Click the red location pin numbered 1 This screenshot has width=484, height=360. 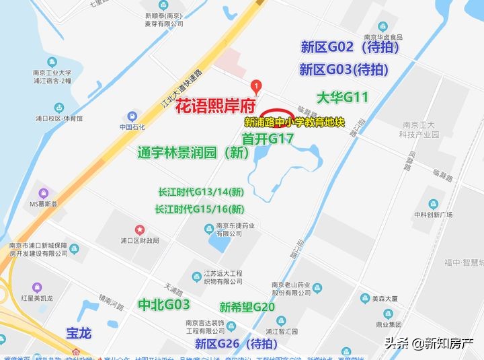tap(255, 86)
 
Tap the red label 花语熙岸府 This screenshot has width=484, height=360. tap(216, 106)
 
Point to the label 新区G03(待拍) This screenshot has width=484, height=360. tap(344, 69)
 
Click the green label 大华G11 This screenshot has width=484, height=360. tap(343, 98)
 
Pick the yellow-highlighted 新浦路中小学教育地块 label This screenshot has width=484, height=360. tap(294, 123)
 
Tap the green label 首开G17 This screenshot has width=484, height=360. tap(268, 139)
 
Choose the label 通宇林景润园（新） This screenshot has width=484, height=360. tap(194, 153)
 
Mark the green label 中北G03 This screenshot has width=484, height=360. tap(163, 304)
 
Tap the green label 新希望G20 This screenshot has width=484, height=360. tap(247, 308)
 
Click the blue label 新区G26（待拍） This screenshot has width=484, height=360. tap(235, 344)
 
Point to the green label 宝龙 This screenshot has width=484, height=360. tap(79, 333)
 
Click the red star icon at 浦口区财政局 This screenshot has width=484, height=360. tap(140, 229)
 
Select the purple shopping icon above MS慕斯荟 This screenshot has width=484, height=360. tap(44, 192)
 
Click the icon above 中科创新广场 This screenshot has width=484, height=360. tap(434, 204)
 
